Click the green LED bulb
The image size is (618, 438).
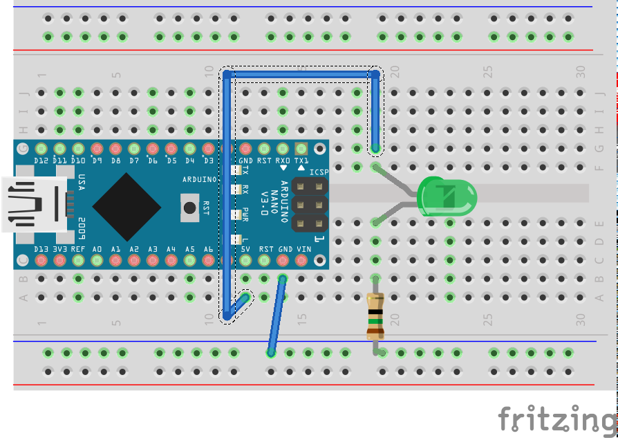pyautogui.click(x=448, y=195)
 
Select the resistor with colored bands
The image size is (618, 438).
pyautogui.click(x=375, y=315)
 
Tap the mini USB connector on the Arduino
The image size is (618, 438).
pyautogui.click(x=35, y=203)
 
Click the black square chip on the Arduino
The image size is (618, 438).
pyautogui.click(x=127, y=206)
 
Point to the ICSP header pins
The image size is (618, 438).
pyautogui.click(x=309, y=204)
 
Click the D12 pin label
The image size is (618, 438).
pyautogui.click(x=41, y=161)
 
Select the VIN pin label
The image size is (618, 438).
pyautogui.click(x=303, y=249)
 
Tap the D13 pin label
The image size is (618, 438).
pyautogui.click(x=41, y=249)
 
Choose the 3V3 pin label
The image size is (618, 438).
pyautogui.click(x=59, y=249)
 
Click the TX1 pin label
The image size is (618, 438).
pyautogui.click(x=301, y=161)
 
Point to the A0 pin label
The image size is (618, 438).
pyautogui.click(x=97, y=249)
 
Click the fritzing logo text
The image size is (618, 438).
pyautogui.click(x=556, y=419)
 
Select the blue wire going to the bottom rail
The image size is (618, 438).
pyautogui.click(x=277, y=315)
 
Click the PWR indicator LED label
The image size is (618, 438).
pyautogui.click(x=245, y=212)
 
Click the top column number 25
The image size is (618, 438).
pyautogui.click(x=488, y=71)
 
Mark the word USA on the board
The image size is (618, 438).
pyautogui.click(x=81, y=183)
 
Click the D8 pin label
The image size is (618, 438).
pyautogui.click(x=115, y=161)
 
